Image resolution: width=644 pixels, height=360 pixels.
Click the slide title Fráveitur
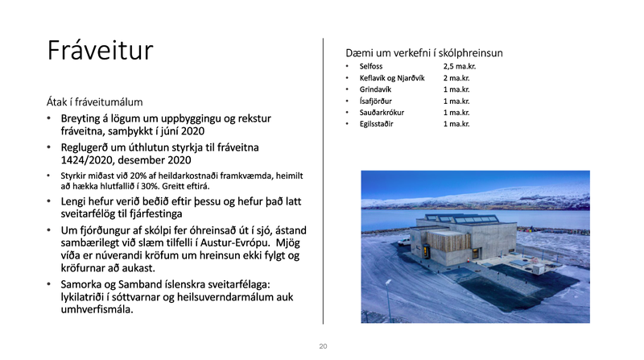(x=100, y=50)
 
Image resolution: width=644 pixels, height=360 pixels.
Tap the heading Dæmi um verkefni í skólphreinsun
(x=424, y=52)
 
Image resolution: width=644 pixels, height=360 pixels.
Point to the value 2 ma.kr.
(x=456, y=77)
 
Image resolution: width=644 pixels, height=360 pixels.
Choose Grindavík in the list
(x=378, y=89)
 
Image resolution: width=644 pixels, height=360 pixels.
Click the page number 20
(x=323, y=346)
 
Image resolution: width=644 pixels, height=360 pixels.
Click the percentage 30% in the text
(x=142, y=185)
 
